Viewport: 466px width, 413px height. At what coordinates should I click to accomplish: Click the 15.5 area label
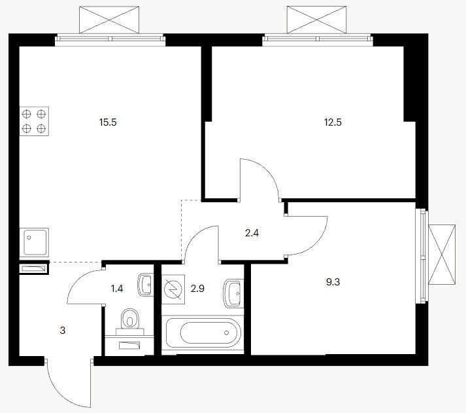108,122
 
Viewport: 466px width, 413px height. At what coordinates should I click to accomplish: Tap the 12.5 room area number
333,122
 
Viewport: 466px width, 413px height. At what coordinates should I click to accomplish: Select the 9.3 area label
333,282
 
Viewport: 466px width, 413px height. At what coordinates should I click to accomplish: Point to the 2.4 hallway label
252,233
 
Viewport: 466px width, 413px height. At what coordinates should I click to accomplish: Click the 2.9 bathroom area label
197,289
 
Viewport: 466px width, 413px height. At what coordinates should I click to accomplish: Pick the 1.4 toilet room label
117,289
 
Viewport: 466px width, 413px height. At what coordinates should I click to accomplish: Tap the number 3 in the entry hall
62,331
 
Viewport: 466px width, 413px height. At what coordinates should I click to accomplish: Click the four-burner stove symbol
34,121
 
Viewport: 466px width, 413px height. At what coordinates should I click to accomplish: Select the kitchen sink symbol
34,243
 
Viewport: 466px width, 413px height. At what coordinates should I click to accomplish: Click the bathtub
203,332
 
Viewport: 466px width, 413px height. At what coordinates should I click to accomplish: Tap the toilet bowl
130,319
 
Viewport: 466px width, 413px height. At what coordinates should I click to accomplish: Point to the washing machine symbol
174,289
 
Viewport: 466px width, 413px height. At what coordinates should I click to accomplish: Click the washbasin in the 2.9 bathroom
233,293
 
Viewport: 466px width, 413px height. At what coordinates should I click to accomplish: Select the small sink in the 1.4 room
146,285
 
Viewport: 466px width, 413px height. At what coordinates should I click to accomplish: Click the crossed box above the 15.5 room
109,20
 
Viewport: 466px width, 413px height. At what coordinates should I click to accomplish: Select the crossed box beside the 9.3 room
442,255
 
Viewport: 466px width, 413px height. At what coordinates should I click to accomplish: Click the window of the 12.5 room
318,39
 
